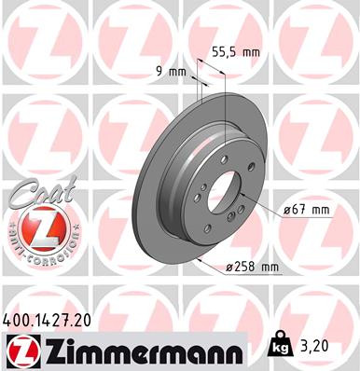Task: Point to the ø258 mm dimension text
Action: [252, 268]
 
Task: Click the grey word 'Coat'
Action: [32, 196]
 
